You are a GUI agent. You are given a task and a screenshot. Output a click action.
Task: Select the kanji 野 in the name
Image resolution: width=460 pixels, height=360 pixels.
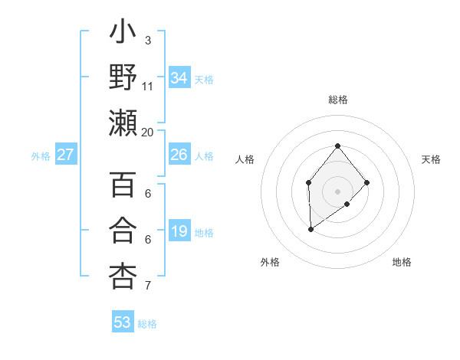click(123, 77)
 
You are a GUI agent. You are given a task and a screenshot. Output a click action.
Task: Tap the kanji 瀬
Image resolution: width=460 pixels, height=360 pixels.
click(123, 123)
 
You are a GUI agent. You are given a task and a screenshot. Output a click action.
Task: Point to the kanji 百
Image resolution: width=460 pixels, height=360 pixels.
click(123, 186)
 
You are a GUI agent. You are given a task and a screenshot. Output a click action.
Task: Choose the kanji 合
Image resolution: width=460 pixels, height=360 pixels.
click(123, 231)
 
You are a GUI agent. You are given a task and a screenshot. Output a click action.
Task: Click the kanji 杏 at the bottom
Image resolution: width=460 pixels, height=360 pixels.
click(123, 275)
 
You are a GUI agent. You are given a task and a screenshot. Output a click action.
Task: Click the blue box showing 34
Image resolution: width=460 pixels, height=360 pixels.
click(179, 78)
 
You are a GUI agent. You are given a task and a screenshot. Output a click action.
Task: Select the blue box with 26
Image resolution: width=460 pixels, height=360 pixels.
click(179, 155)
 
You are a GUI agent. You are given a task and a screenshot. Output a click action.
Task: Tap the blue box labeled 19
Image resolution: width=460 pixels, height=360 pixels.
click(179, 231)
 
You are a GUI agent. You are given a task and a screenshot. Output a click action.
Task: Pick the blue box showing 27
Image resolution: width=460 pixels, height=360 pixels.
click(66, 155)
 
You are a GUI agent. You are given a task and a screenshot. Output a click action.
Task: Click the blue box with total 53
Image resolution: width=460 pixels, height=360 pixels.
click(123, 322)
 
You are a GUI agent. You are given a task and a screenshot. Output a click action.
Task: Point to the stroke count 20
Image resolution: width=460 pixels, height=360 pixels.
click(147, 132)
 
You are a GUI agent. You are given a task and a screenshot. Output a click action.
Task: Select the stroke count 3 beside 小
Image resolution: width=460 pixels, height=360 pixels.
click(147, 40)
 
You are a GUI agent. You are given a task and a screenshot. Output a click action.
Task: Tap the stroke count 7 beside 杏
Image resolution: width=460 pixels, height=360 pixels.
click(147, 286)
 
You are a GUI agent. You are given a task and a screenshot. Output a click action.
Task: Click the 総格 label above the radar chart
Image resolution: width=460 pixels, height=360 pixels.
click(337, 100)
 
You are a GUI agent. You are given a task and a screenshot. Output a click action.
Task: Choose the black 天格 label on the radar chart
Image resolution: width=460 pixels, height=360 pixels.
click(431, 159)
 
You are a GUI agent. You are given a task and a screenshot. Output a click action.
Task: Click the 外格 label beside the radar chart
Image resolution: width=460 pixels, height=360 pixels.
click(270, 262)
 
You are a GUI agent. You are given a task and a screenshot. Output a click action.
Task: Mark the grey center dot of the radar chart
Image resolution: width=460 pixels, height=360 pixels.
click(337, 191)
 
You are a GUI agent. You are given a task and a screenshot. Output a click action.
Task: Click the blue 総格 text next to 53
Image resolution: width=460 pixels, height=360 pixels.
click(147, 324)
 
